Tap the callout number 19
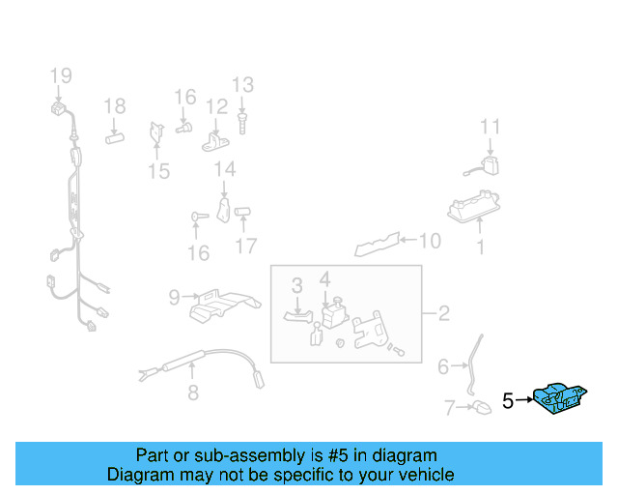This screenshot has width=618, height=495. (x=61, y=75)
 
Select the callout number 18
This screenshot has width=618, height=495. (x=115, y=106)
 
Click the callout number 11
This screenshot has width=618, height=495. (x=491, y=127)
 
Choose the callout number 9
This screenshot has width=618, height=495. (x=174, y=298)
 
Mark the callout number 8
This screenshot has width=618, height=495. (x=193, y=393)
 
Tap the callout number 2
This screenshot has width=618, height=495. (x=443, y=313)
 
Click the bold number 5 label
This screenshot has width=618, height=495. (x=508, y=400)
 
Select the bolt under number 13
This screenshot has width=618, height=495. (x=241, y=123)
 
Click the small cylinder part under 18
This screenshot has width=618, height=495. (x=115, y=136)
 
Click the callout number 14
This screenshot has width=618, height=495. (x=224, y=170)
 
